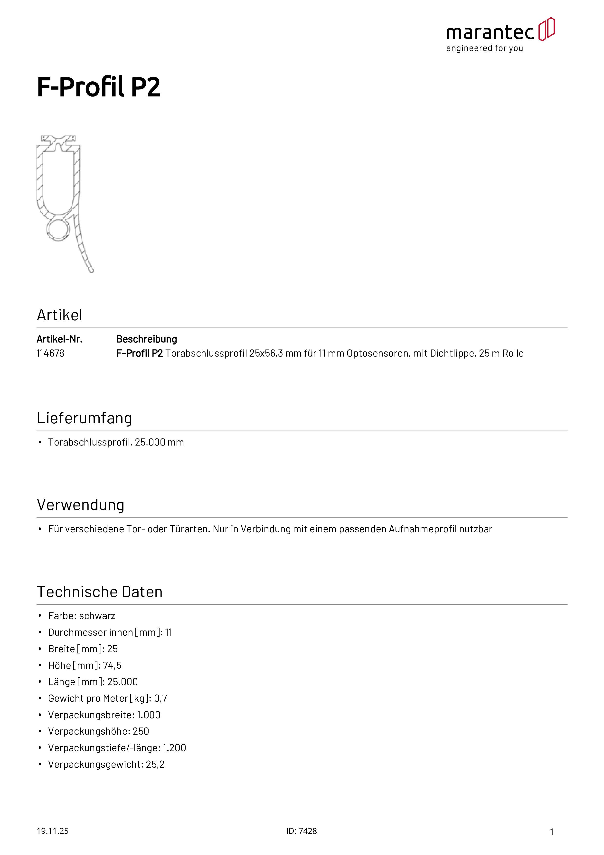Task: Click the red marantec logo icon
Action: tap(546, 29)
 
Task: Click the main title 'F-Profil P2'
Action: tap(99, 87)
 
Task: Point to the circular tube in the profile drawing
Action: tap(58, 229)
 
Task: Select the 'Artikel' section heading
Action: tap(59, 315)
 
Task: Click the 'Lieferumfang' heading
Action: tap(85, 418)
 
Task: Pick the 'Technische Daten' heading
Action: tap(100, 592)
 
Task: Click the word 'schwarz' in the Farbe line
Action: tap(97, 616)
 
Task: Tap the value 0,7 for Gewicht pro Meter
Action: tap(160, 698)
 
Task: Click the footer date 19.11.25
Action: tap(52, 831)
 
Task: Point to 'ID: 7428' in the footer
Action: tap(302, 831)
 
